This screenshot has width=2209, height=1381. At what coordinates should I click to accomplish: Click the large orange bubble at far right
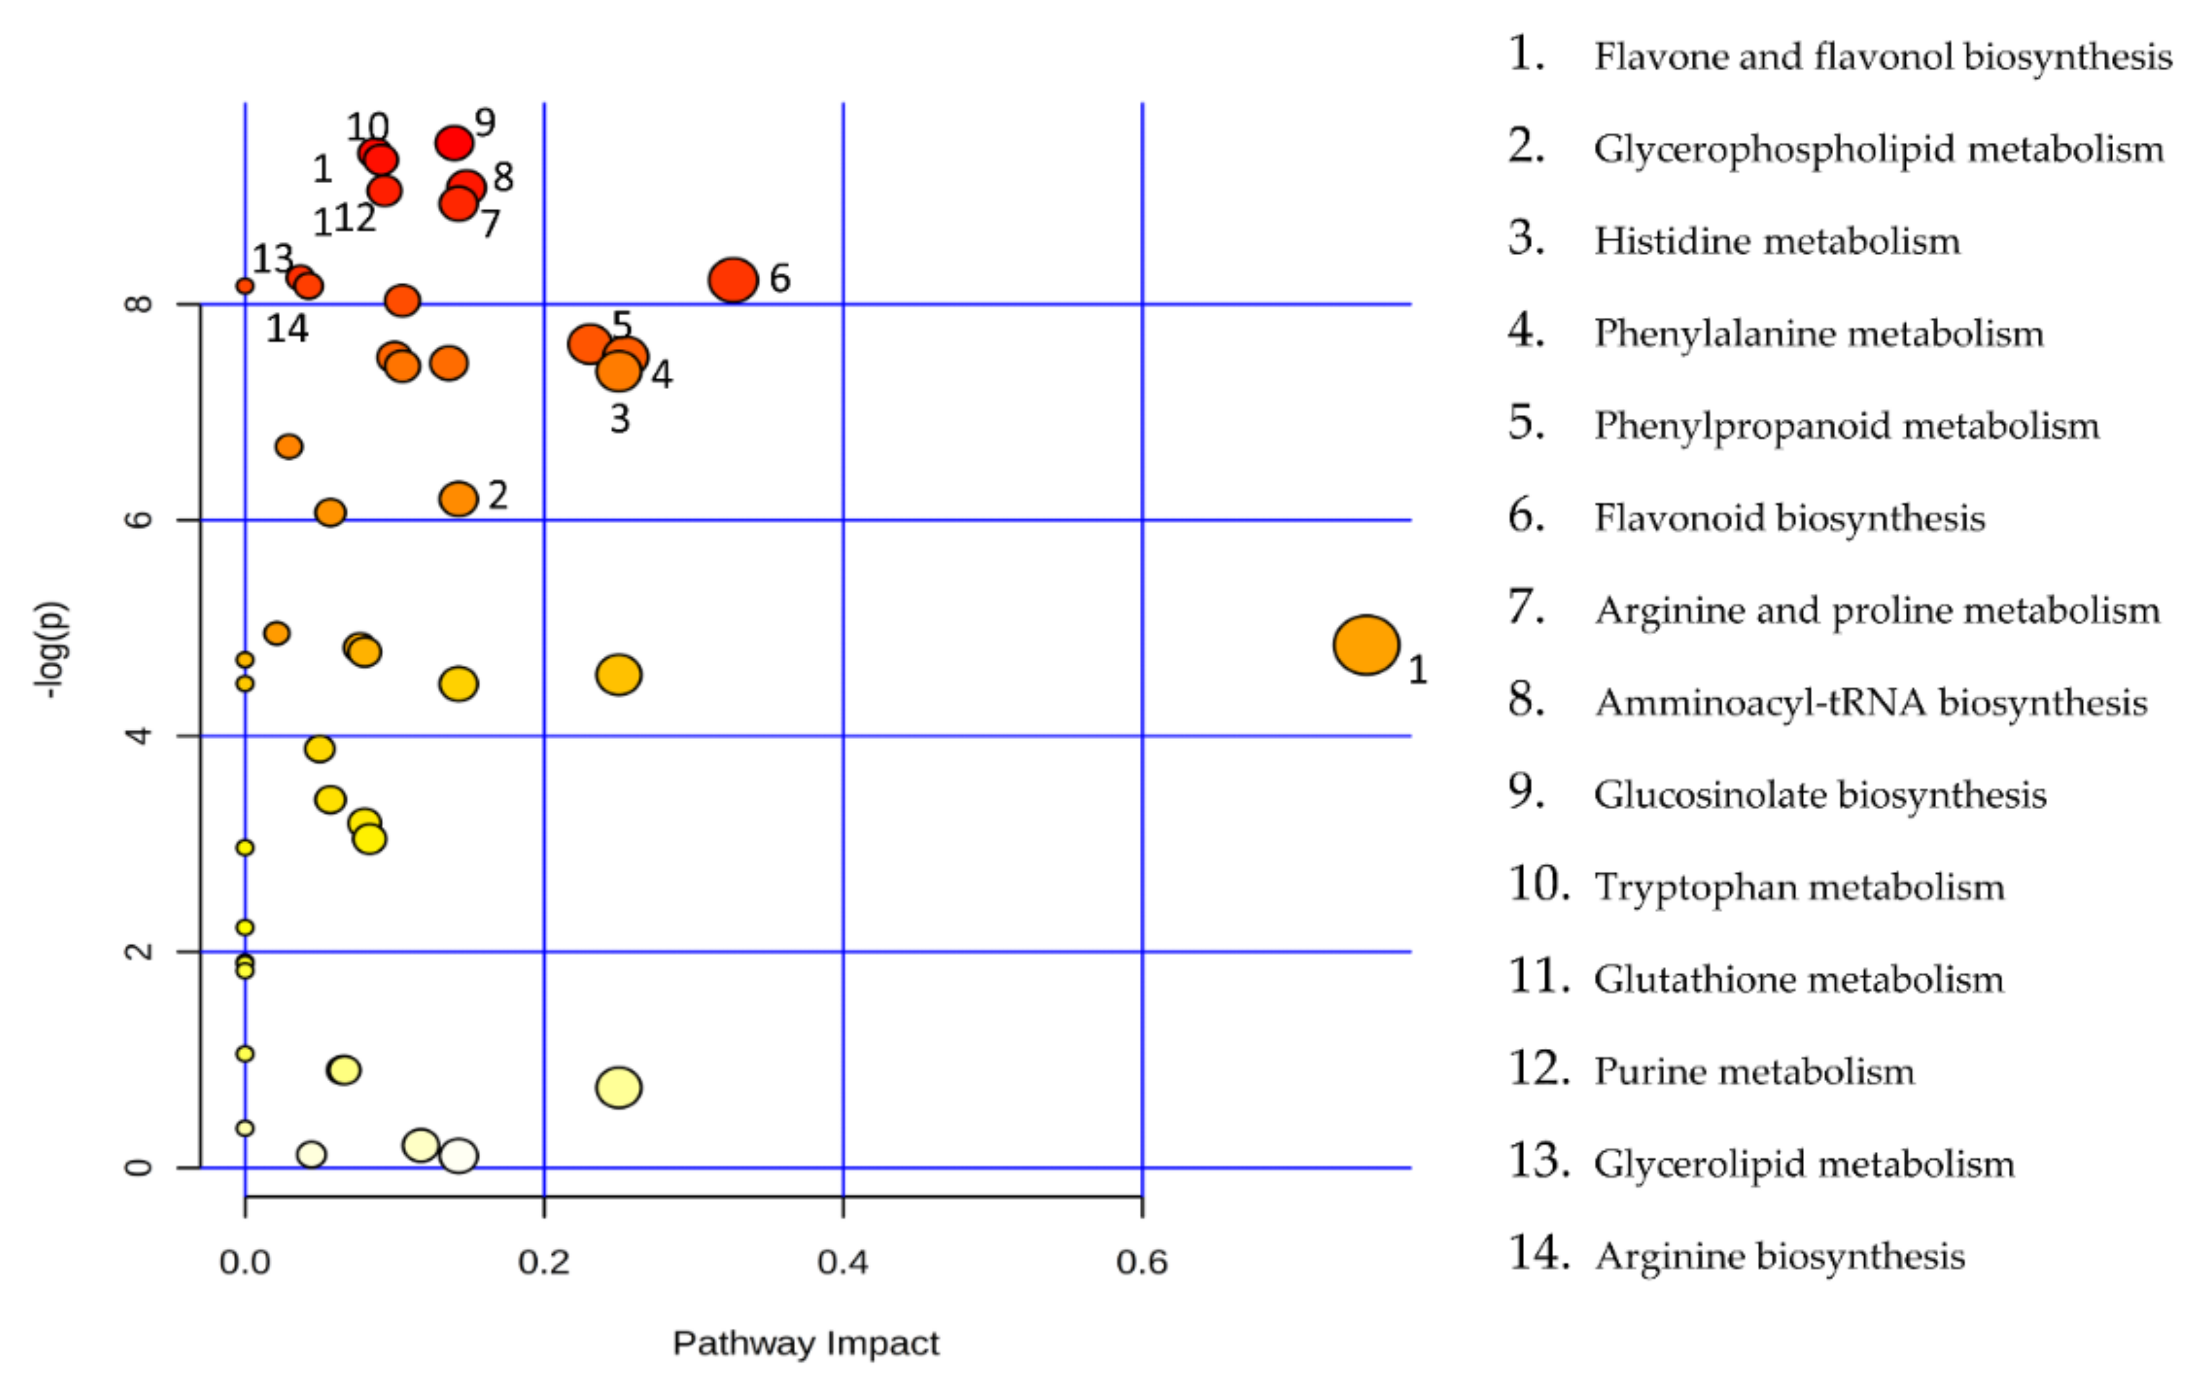tap(1365, 645)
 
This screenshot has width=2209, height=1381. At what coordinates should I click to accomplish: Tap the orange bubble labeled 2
tap(459, 498)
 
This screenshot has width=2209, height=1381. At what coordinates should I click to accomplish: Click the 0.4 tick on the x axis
tap(842, 1262)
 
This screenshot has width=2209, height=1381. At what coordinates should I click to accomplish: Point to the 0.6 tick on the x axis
tap(1141, 1262)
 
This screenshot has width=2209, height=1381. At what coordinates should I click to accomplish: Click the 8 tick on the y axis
tap(139, 303)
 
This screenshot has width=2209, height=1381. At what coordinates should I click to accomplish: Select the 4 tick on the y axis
tap(139, 735)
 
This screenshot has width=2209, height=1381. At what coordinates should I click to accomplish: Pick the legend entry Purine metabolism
tap(1754, 1071)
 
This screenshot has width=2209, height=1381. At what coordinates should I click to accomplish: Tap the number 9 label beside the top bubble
tap(485, 122)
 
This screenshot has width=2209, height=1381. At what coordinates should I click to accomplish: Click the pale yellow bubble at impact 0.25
tap(618, 1087)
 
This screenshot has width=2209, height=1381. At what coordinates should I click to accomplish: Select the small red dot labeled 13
tap(245, 286)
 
